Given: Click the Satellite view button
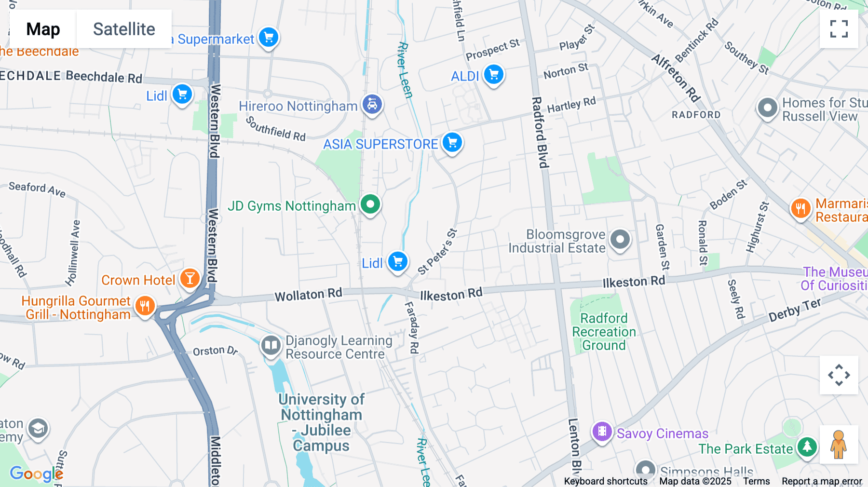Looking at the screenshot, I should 124,29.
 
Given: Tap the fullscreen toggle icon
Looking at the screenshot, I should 839,29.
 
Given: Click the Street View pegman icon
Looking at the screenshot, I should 839,445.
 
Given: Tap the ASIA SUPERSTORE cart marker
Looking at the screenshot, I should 452,143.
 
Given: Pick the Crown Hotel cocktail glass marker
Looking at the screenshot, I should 190,279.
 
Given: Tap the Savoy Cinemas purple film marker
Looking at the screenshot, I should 602,432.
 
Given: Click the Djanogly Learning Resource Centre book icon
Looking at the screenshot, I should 271,346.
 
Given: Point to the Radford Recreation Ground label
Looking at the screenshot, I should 604,332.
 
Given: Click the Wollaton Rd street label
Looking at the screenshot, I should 308,295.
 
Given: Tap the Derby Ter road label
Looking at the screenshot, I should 794,310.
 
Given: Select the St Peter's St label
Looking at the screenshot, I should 437,252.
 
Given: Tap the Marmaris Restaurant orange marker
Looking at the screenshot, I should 800,209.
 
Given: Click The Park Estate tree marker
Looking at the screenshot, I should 807,447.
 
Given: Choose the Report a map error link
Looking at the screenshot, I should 822,481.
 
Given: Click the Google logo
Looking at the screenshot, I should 36,473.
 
